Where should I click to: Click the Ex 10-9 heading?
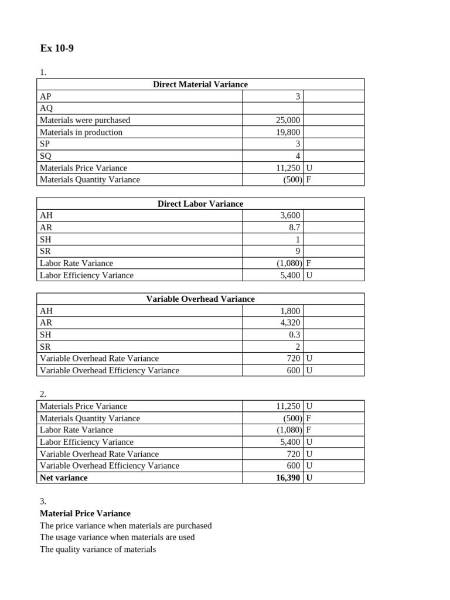click(57, 49)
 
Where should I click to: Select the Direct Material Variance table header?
click(200, 84)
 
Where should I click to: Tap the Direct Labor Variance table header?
click(200, 204)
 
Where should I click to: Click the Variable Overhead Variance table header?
click(200, 299)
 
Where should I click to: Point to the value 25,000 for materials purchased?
click(288, 120)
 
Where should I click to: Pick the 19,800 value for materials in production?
click(288, 132)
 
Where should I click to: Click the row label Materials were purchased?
click(85, 120)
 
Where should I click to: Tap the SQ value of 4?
click(297, 156)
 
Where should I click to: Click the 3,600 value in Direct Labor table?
click(290, 216)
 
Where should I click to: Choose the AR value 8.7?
click(294, 228)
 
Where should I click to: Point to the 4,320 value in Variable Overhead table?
click(290, 323)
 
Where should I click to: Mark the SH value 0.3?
click(294, 335)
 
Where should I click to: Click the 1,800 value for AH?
click(290, 311)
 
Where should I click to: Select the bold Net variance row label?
click(63, 478)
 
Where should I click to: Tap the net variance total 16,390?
click(288, 478)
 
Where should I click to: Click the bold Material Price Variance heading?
click(85, 513)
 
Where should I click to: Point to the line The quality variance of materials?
click(98, 550)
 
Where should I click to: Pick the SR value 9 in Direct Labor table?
click(297, 251)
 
